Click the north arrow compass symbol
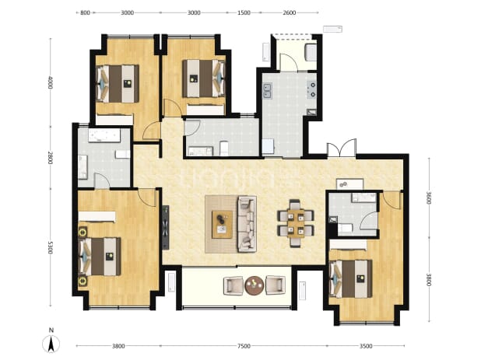pyautogui.click(x=51, y=344)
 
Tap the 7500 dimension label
pyautogui.click(x=244, y=346)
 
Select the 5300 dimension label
pyautogui.click(x=51, y=247)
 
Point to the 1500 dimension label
pyautogui.click(x=244, y=12)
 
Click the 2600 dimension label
pyautogui.click(x=290, y=12)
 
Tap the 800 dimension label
pyautogui.click(x=85, y=12)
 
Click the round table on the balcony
pyautogui.click(x=254, y=285)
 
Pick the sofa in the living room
pyautogui.click(x=247, y=224)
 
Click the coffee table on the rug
pyautogui.click(x=222, y=224)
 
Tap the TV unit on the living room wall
pyautogui.click(x=166, y=227)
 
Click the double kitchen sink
pyautogui.click(x=267, y=91)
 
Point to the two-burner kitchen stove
pyautogui.click(x=312, y=89)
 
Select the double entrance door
pyautogui.click(x=342, y=149)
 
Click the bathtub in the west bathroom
pyautogui.click(x=104, y=135)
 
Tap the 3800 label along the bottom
pyautogui.click(x=118, y=346)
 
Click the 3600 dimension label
pyautogui.click(x=429, y=198)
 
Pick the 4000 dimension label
pyautogui.click(x=51, y=82)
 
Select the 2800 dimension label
pyautogui.click(x=51, y=158)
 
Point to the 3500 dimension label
pyautogui.click(x=366, y=346)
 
